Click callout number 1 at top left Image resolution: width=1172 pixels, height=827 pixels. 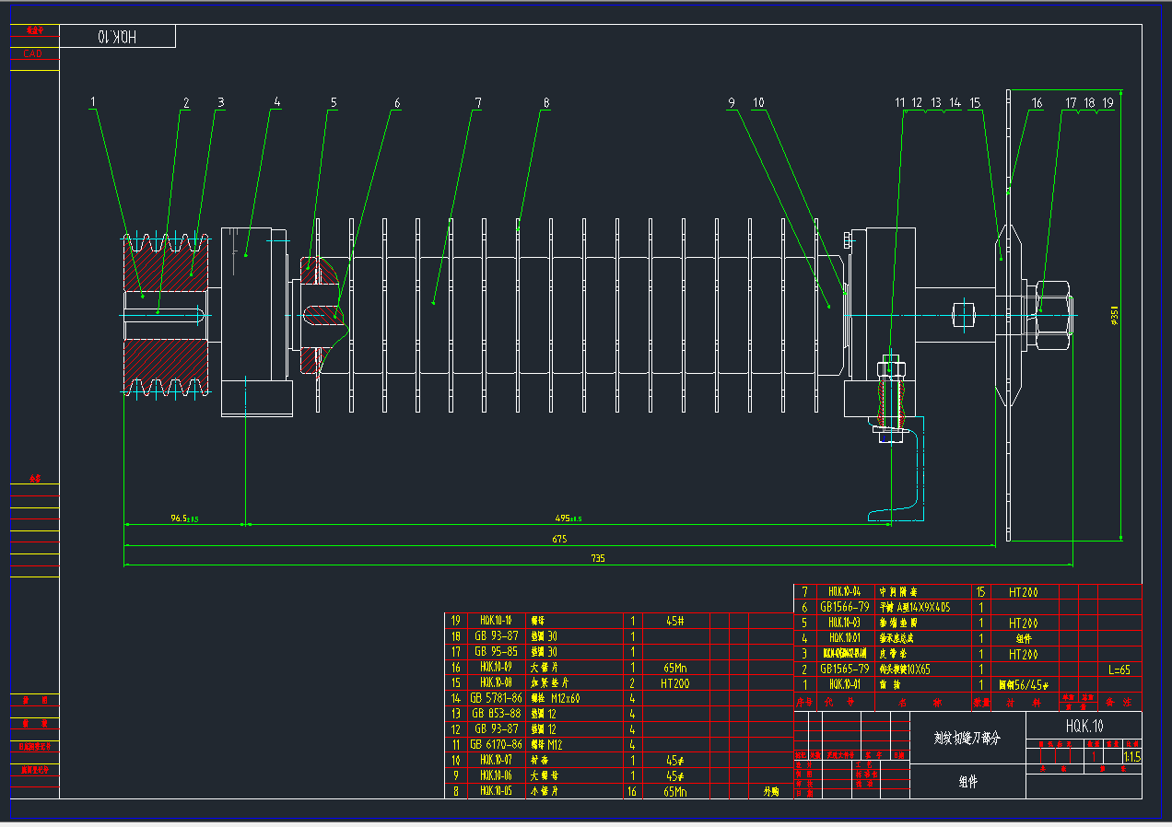pos(93,101)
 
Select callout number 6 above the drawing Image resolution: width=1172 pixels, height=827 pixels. pos(397,103)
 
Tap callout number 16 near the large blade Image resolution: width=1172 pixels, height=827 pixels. pos(1037,103)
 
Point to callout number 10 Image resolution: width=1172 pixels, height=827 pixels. pos(758,103)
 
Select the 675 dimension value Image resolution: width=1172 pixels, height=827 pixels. pos(559,539)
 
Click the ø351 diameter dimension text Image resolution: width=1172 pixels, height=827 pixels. pos(1115,317)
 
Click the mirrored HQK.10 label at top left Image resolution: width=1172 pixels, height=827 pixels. pos(117,37)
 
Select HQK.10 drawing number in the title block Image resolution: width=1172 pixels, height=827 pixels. pos(1084,726)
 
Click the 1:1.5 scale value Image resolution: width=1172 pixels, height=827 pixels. pos(1131,757)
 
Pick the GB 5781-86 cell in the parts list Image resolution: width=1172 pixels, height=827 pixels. pos(496,698)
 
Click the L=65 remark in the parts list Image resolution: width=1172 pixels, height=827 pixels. pos(1119,670)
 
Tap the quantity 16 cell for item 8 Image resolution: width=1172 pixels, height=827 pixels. pos(632,791)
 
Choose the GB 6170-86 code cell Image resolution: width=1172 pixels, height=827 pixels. pos(496,744)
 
